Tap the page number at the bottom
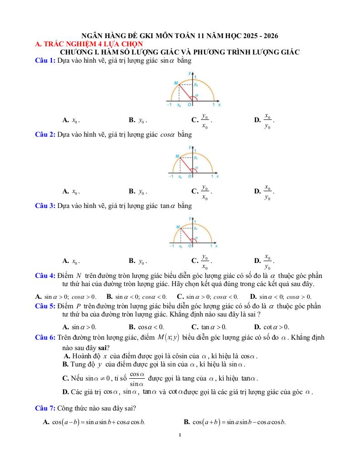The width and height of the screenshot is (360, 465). pyautogui.click(x=180, y=435)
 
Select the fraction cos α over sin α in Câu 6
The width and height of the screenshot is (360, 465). pyautogui.click(x=137, y=379)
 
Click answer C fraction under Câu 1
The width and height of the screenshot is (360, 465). pyautogui.click(x=205, y=120)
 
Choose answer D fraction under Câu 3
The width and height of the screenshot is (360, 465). pyautogui.click(x=268, y=261)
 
